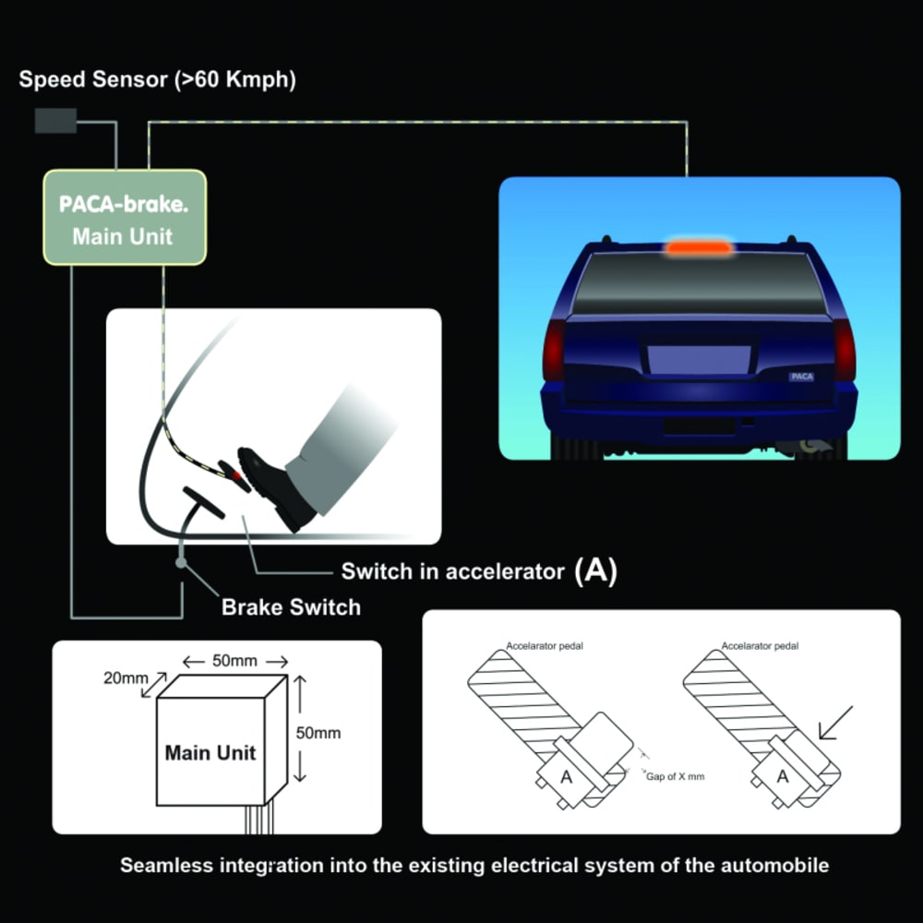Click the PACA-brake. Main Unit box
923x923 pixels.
[124, 218]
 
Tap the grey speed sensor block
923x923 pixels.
[55, 120]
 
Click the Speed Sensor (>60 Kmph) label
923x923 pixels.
[158, 79]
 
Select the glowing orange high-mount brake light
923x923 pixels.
[698, 246]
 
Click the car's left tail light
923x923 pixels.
[554, 349]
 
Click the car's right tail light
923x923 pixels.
[844, 349]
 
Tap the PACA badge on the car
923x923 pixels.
[801, 377]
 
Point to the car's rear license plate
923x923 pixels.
[699, 360]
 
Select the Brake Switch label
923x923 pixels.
[291, 606]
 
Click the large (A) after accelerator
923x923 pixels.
[594, 570]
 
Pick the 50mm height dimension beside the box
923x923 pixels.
[318, 733]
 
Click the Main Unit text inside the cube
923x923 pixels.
[210, 752]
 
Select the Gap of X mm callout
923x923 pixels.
[676, 776]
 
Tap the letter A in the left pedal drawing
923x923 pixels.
[567, 777]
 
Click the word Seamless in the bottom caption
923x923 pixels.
[163, 866]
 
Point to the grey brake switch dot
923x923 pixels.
[182, 562]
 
